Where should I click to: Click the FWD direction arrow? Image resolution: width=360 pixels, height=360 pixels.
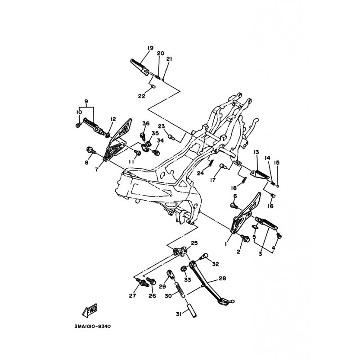[x=90, y=310]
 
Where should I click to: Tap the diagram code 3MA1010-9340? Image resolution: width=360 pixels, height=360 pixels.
[x=93, y=326]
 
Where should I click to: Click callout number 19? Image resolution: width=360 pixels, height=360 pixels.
[x=150, y=48]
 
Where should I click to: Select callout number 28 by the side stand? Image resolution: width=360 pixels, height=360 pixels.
[x=222, y=278]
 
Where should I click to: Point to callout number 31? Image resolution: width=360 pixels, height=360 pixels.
[x=179, y=314]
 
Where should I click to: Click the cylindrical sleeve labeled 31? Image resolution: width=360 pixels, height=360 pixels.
[x=192, y=310]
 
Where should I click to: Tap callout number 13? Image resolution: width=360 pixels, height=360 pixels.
[x=256, y=152]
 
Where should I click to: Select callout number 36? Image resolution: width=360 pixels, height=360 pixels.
[x=146, y=123]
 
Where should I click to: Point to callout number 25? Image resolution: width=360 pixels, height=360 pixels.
[x=194, y=243]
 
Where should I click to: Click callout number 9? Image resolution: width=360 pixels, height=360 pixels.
[x=86, y=101]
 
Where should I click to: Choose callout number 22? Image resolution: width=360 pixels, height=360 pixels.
[x=142, y=96]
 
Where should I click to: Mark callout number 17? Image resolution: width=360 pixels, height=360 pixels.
[x=213, y=180]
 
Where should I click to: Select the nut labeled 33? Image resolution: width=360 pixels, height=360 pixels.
[x=184, y=268]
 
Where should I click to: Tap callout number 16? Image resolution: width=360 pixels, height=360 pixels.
[x=271, y=206]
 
